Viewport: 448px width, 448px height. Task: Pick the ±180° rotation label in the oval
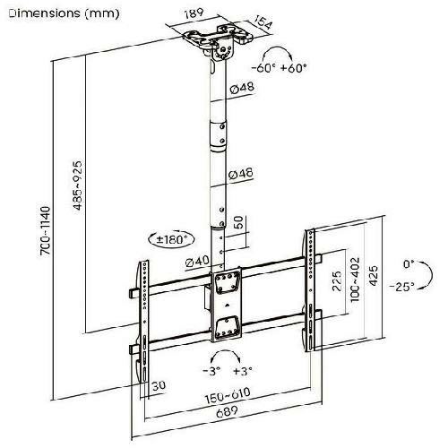pos(174,239)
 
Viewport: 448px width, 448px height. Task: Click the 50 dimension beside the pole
pos(238,222)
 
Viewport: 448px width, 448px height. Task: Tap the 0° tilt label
pos(409,264)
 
